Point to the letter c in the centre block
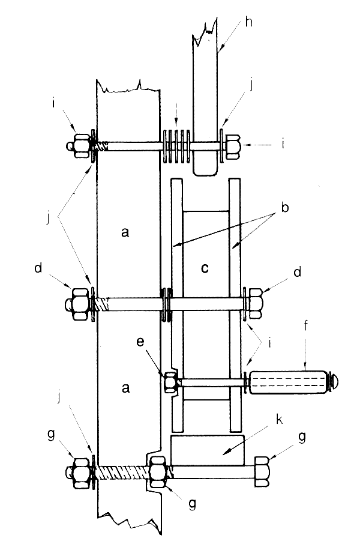pyautogui.click(x=205, y=268)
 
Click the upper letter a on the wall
pyautogui.click(x=125, y=232)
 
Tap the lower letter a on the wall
pyautogui.click(x=125, y=388)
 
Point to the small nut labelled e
pyautogui.click(x=170, y=381)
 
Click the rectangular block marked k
pyautogui.click(x=207, y=450)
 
